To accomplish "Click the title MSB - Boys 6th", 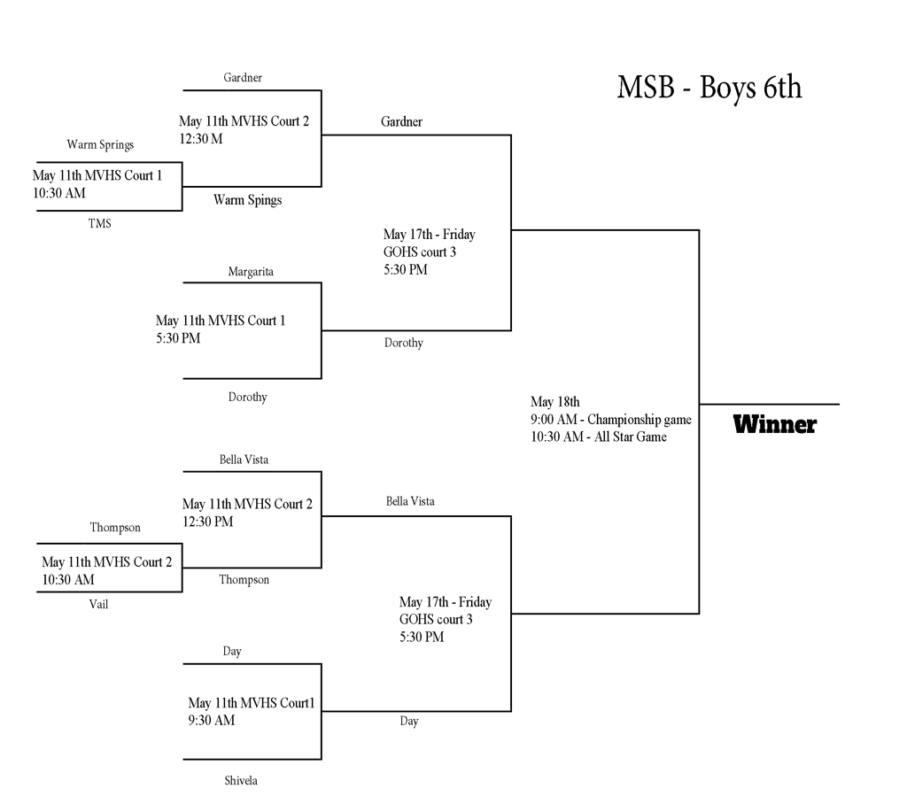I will pos(709,88).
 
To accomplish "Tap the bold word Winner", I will pos(774,425).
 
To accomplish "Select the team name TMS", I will pos(100,224).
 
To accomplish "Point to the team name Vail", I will pos(99,604).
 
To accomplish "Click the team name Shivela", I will pos(242,781).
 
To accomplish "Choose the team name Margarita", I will pos(251,272).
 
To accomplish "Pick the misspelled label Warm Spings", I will pos(247,200).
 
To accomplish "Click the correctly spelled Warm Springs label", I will pos(100,144).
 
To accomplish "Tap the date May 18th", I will pos(554,402).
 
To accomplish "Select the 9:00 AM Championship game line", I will pos(610,420).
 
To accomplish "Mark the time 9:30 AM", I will pos(211,721).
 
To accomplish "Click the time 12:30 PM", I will pos(207,522).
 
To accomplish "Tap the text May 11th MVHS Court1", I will pos(252,704).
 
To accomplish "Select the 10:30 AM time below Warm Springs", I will pos(59,193).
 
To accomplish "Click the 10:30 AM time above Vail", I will pos(68,580).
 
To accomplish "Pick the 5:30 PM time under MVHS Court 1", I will pos(178,338).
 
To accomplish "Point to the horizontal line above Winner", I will pos(769,404).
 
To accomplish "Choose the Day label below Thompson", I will pos(232,652).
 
